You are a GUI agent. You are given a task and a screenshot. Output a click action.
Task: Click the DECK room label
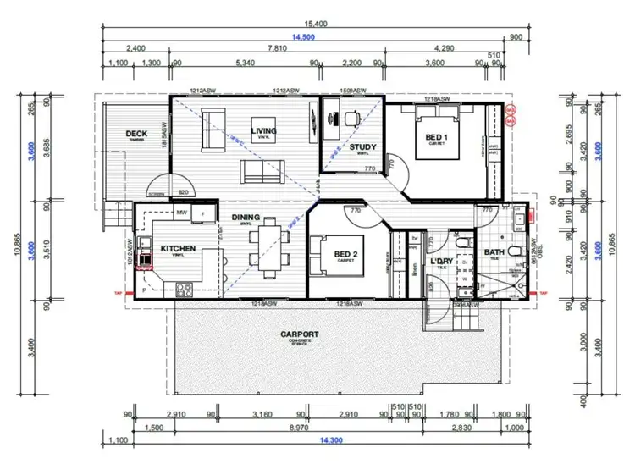pyautogui.click(x=137, y=134)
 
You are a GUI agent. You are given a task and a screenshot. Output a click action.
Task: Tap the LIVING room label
pyautogui.click(x=264, y=130)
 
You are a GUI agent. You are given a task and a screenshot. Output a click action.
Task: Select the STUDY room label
pyautogui.click(x=363, y=147)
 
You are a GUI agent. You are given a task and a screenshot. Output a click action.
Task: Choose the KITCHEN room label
pyautogui.click(x=179, y=249)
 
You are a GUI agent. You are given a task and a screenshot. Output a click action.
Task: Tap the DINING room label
pyautogui.click(x=246, y=218)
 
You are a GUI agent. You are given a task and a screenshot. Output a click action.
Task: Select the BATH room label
pyautogui.click(x=494, y=252)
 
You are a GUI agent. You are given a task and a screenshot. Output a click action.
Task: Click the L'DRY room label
pyautogui.click(x=443, y=262)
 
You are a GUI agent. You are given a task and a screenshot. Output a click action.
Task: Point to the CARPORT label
pyautogui.click(x=301, y=334)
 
